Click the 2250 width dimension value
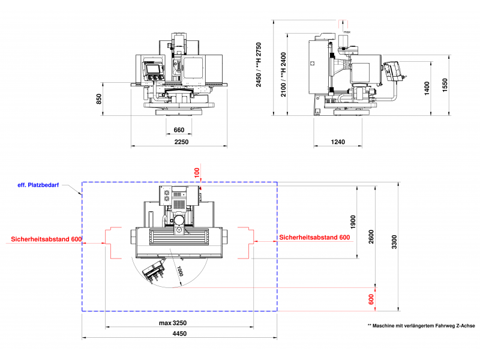[181, 142]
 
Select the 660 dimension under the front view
[179, 130]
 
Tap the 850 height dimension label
[99, 99]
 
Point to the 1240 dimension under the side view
[338, 142]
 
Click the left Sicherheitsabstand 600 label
[46, 239]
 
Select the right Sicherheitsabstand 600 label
[314, 237]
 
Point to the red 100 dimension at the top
[196, 172]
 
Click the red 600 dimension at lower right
[371, 299]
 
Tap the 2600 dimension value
[371, 237]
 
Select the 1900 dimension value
[353, 221]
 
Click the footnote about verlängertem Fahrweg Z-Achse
[421, 325]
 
